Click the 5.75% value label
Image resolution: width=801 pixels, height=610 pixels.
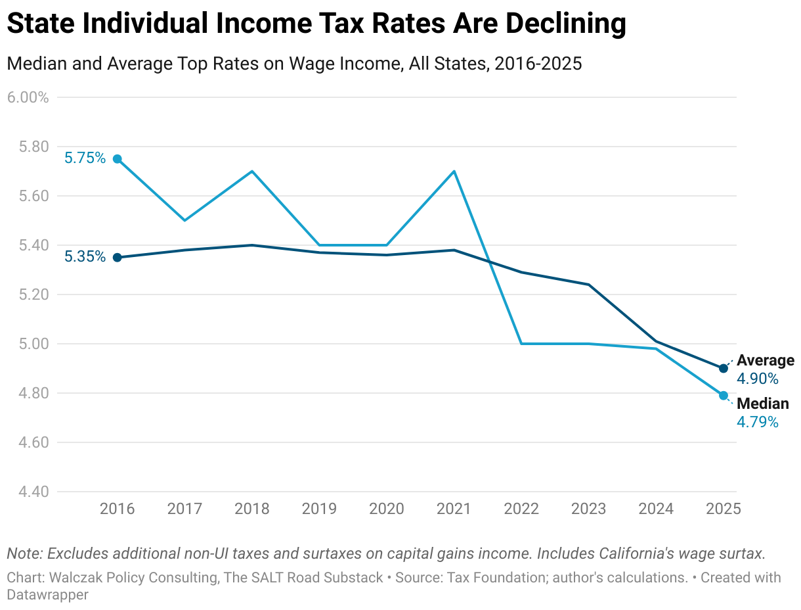click(x=85, y=158)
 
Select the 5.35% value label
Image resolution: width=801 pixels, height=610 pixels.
click(x=85, y=256)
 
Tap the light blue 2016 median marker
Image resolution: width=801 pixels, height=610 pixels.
click(x=118, y=159)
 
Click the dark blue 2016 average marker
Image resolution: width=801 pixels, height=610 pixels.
click(x=118, y=258)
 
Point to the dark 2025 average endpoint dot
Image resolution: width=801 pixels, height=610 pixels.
click(x=724, y=368)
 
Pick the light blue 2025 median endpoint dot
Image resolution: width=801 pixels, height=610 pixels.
click(x=724, y=395)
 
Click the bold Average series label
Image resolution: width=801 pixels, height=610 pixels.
click(x=765, y=360)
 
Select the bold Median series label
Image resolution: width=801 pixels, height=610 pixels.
click(x=762, y=404)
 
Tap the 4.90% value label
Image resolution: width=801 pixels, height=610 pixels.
click(x=757, y=379)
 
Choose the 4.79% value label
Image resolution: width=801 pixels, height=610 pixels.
click(x=757, y=422)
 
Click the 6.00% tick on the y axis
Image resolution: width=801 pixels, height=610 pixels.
click(x=28, y=97)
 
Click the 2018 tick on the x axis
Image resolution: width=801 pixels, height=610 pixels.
click(x=252, y=509)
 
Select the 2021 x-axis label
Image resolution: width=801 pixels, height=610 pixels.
click(x=454, y=509)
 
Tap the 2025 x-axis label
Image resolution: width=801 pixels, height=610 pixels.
click(x=723, y=509)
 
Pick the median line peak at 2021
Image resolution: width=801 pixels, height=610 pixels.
click(x=454, y=172)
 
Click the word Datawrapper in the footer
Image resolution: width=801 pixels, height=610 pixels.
click(x=47, y=594)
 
